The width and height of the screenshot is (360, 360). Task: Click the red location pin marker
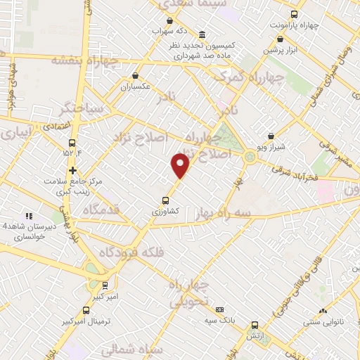181,166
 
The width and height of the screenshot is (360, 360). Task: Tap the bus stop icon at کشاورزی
165,199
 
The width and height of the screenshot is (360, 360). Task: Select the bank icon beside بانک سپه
220,309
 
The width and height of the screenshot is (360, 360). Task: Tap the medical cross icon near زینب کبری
72,170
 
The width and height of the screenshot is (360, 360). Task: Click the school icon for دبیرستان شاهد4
28,216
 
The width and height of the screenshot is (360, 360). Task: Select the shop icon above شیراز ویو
271,136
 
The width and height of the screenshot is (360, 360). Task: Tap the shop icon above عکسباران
135,76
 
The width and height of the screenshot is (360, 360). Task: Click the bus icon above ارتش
255,325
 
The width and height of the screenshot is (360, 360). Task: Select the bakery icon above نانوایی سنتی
323,311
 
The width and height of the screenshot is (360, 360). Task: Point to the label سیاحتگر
84,110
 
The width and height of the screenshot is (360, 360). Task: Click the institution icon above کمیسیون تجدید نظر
202,35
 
